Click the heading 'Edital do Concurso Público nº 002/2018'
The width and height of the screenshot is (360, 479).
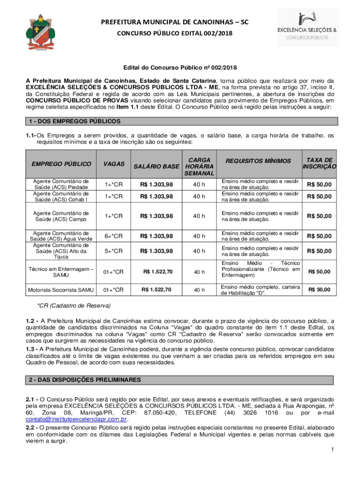[x=180, y=68]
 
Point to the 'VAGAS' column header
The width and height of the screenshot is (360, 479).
[x=114, y=164]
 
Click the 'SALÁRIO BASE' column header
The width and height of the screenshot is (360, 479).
[x=157, y=167]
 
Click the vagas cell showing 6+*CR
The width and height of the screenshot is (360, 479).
[x=114, y=236]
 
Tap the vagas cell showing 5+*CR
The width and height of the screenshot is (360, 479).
[x=114, y=251]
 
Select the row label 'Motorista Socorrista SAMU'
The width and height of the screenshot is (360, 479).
[x=61, y=290]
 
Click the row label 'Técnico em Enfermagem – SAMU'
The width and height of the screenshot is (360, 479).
[x=61, y=272]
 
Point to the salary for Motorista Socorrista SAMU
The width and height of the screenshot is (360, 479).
[x=157, y=290]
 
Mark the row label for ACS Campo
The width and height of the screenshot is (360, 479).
[x=61, y=216]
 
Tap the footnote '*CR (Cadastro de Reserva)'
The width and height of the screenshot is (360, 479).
[x=74, y=305]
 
